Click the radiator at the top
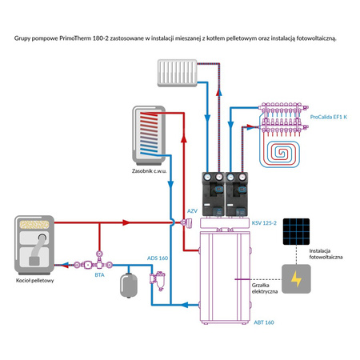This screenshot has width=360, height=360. (177, 73)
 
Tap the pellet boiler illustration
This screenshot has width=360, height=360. (34, 245)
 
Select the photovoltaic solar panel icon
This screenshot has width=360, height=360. (296, 231)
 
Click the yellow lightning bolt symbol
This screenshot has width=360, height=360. (296, 279)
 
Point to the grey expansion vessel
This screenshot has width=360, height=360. (129, 285)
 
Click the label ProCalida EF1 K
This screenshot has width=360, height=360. (329, 117)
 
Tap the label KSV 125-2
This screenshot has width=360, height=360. (264, 223)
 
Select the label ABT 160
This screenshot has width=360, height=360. (264, 322)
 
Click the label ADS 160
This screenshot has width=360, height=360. (158, 258)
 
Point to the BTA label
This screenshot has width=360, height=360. (99, 275)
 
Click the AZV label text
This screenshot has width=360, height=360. (192, 211)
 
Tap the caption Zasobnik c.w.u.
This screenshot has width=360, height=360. (149, 171)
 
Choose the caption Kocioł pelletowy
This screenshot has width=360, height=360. (34, 281)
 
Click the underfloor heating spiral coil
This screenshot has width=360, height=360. (280, 154)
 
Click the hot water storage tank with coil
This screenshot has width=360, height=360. (149, 135)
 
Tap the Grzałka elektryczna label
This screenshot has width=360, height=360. (265, 288)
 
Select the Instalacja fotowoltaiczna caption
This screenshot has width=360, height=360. (326, 254)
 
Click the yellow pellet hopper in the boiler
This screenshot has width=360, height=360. (34, 224)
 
